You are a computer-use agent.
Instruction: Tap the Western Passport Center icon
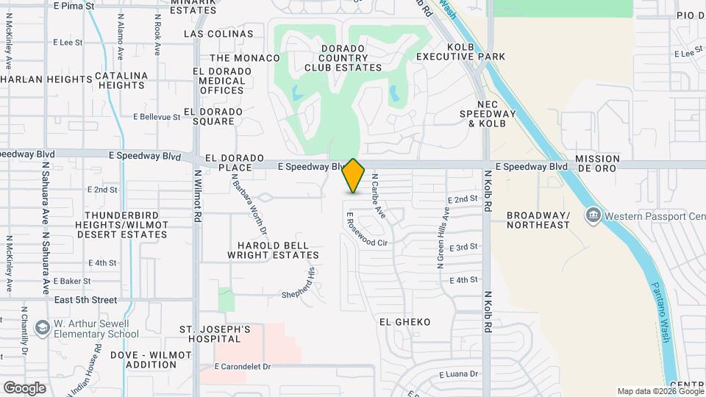tap(593, 215)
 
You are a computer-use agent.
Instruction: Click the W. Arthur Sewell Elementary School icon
tap(42, 329)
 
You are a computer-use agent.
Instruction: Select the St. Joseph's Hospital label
tap(210, 334)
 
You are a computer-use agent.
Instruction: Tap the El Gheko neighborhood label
tap(404, 322)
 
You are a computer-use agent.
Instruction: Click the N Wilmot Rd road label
tap(198, 197)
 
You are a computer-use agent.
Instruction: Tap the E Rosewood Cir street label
tap(366, 231)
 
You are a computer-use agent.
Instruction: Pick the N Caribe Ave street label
tap(378, 196)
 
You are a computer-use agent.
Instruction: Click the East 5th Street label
tap(85, 300)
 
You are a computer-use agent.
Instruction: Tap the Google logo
tap(24, 387)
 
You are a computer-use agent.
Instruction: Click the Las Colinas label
tap(218, 34)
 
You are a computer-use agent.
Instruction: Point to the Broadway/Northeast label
tap(538, 220)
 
